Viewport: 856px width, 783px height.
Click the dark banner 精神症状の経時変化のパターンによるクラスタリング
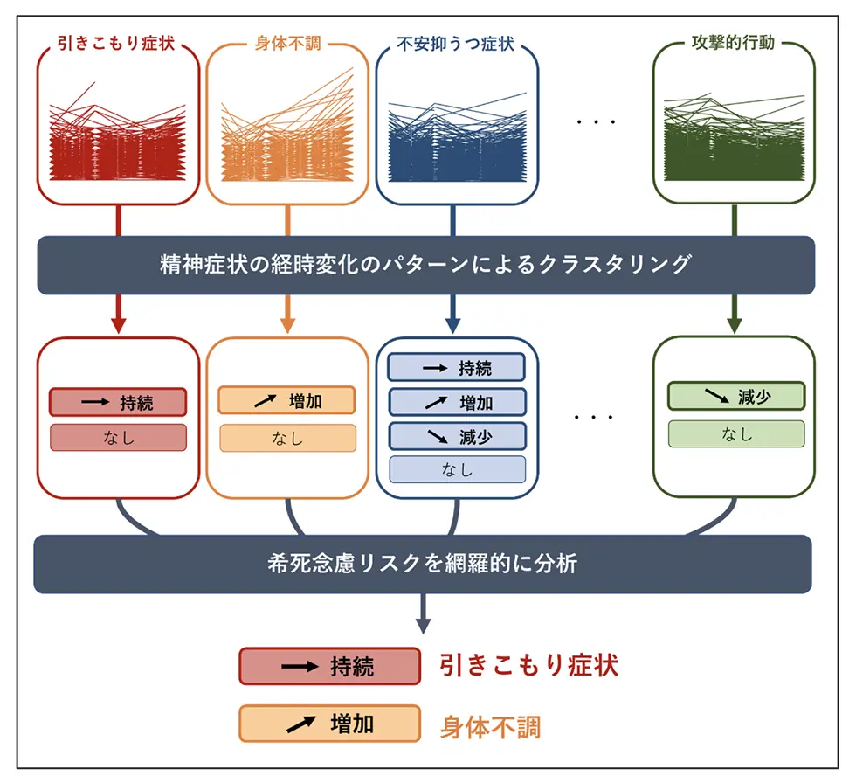(x=425, y=265)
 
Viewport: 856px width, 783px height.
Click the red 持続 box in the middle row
(x=118, y=402)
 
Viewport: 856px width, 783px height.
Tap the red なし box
(x=118, y=437)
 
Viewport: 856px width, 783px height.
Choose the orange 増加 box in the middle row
(x=286, y=401)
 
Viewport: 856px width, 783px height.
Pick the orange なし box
(x=286, y=438)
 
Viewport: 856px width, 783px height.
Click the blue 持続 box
(x=457, y=368)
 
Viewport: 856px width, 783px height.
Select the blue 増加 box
(x=457, y=402)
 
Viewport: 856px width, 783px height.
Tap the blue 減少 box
(x=457, y=435)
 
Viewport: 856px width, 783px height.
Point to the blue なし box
(x=457, y=469)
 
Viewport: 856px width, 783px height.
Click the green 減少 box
(x=735, y=396)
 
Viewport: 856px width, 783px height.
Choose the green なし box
(x=735, y=433)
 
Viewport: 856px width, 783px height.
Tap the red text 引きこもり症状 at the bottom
(x=529, y=666)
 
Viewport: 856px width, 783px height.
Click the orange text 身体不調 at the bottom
(x=490, y=725)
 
